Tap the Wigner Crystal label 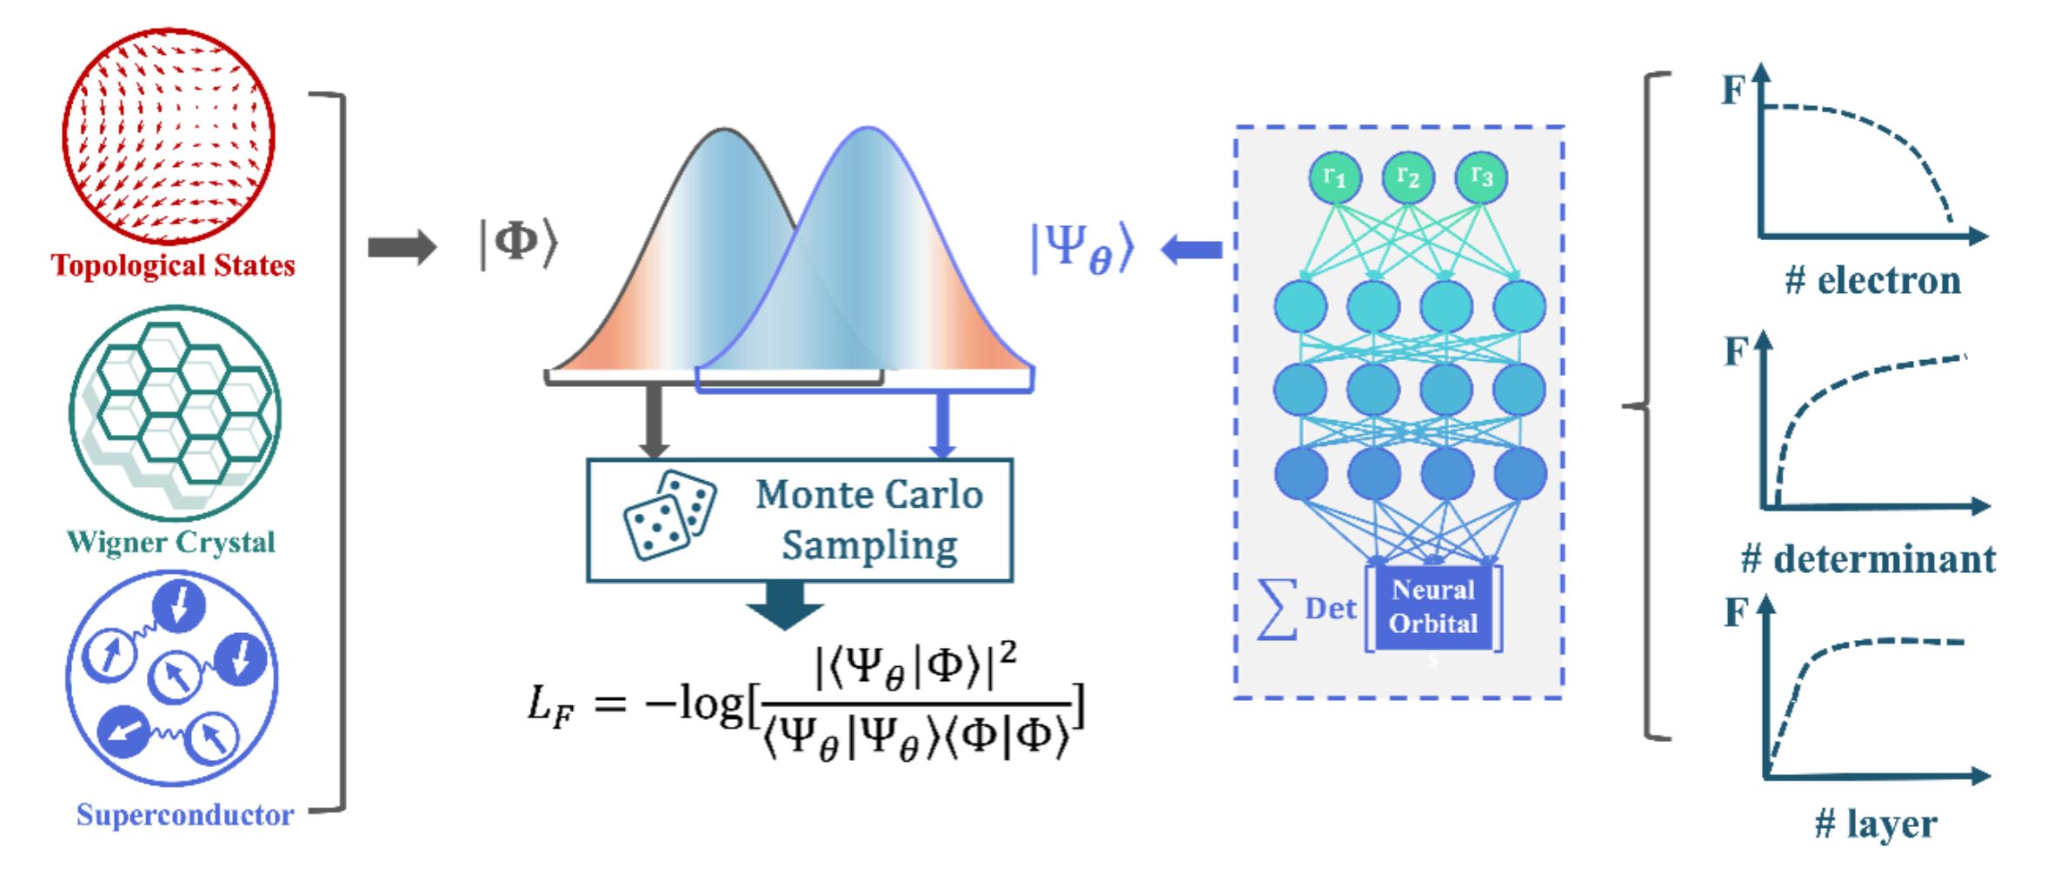[x=171, y=543]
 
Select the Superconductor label [x=185, y=815]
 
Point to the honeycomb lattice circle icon [x=175, y=412]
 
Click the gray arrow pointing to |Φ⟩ [x=402, y=247]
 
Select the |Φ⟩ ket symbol [x=518, y=243]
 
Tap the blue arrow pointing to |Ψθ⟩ [x=1192, y=250]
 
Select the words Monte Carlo [x=869, y=495]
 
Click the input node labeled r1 [x=1335, y=177]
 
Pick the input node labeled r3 [x=1481, y=177]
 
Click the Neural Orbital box [x=1433, y=607]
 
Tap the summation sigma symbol [x=1278, y=609]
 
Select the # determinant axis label [x=1869, y=559]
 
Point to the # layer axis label [x=1876, y=824]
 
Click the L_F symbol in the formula [x=551, y=704]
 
